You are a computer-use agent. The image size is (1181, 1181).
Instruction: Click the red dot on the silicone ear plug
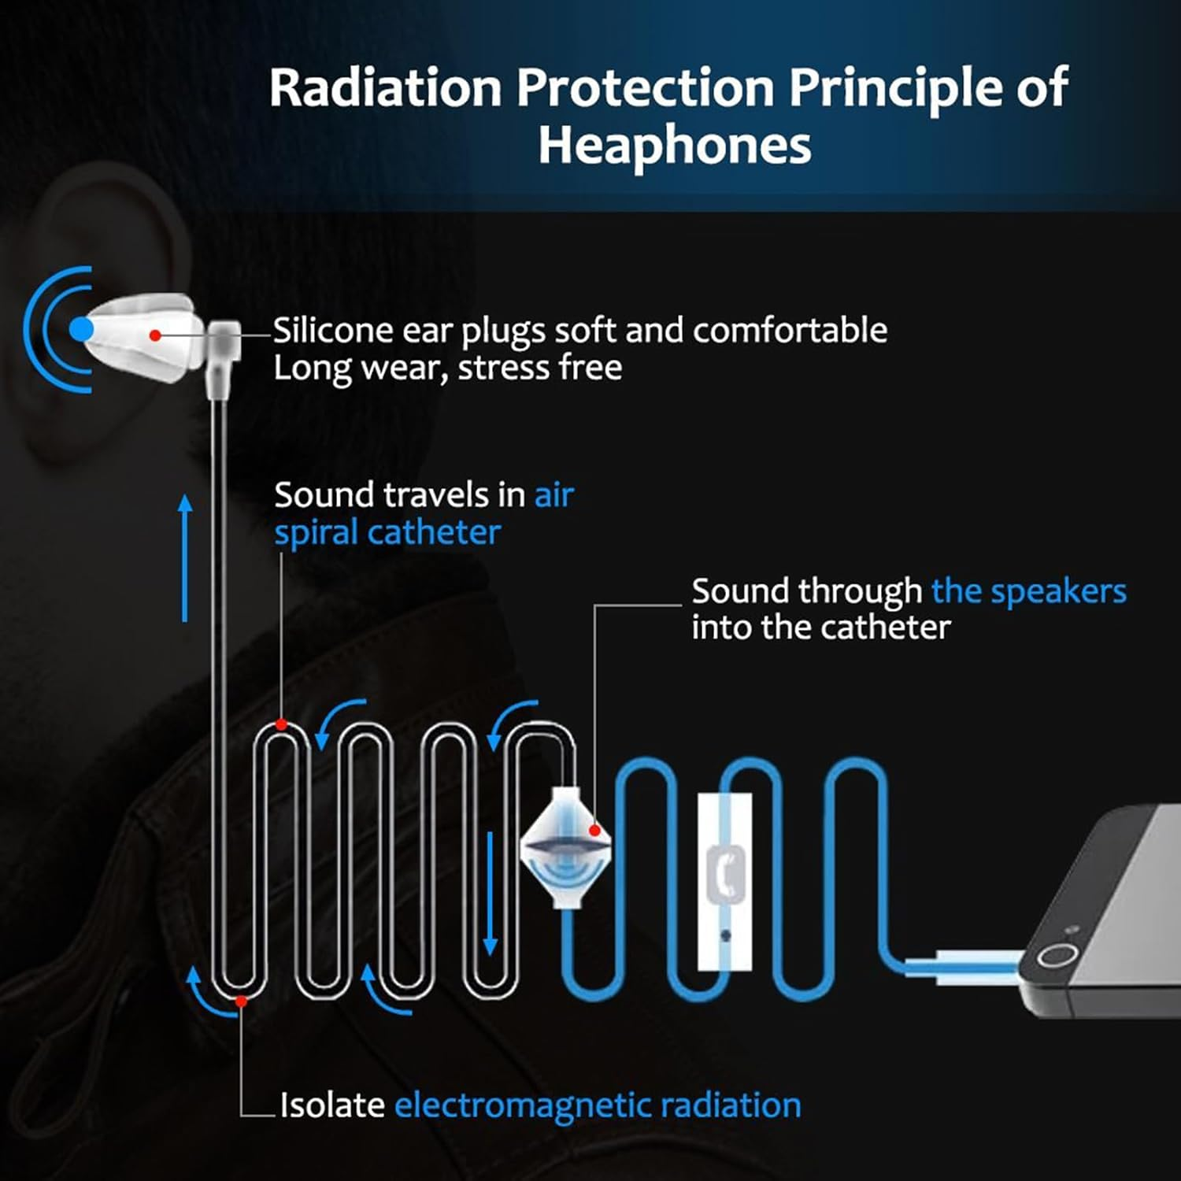(x=155, y=335)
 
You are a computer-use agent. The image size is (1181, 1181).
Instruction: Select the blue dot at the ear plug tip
(x=81, y=329)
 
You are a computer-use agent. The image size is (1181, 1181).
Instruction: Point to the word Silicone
(x=332, y=331)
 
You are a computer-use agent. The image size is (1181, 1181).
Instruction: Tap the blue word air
(x=554, y=495)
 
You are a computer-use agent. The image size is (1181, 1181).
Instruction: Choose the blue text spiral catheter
(x=387, y=533)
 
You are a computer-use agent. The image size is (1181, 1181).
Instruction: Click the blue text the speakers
(x=1028, y=591)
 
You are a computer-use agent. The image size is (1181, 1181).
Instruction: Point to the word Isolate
(x=332, y=1105)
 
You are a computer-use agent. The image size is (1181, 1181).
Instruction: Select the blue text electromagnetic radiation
(x=597, y=1105)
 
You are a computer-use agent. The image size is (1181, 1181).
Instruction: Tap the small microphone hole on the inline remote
(x=725, y=936)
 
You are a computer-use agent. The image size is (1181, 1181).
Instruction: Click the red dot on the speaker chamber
(x=595, y=830)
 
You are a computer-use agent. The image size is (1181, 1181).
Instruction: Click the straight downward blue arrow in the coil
(x=491, y=894)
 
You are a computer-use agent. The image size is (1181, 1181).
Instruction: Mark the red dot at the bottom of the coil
(x=241, y=1001)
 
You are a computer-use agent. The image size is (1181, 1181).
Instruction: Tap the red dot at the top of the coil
(x=281, y=724)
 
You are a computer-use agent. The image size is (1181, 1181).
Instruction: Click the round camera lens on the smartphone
(x=1052, y=957)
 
